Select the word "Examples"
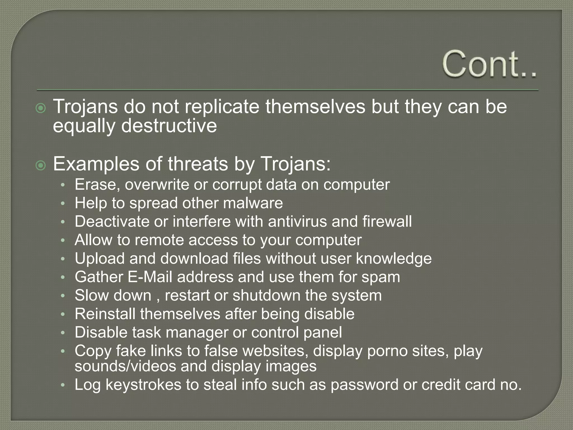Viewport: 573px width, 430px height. (x=96, y=164)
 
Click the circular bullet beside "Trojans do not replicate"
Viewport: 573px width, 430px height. (x=41, y=108)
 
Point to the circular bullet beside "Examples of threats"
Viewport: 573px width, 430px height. (x=41, y=165)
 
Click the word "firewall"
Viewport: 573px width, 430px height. (x=387, y=221)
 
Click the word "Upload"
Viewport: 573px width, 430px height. (x=100, y=258)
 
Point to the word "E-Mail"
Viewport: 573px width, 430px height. (x=150, y=277)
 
